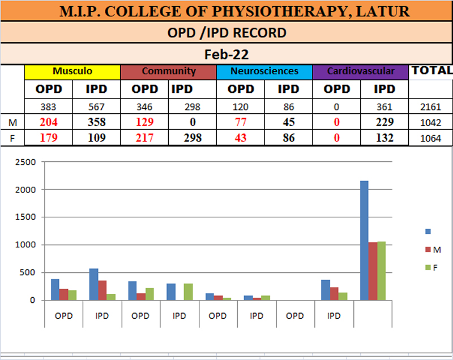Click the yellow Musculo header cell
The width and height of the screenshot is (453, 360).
72,71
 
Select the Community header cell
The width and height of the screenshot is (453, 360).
168,71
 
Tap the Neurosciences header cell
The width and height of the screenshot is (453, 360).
264,71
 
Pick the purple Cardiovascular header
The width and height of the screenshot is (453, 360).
360,71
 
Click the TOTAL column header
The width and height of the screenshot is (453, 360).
431,71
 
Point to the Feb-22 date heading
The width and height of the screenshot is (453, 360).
226,54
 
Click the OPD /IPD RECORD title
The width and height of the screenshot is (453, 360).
226,33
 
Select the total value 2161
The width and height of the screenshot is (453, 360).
431,106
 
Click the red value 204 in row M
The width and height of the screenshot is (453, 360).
48,122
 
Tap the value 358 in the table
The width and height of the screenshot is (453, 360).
96,122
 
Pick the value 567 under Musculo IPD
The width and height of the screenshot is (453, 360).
96,106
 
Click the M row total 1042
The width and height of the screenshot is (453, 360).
431,122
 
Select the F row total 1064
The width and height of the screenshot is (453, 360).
431,138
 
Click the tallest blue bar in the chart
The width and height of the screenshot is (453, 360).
364,241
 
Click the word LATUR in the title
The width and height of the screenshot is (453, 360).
387,11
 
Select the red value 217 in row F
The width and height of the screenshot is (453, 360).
144,138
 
